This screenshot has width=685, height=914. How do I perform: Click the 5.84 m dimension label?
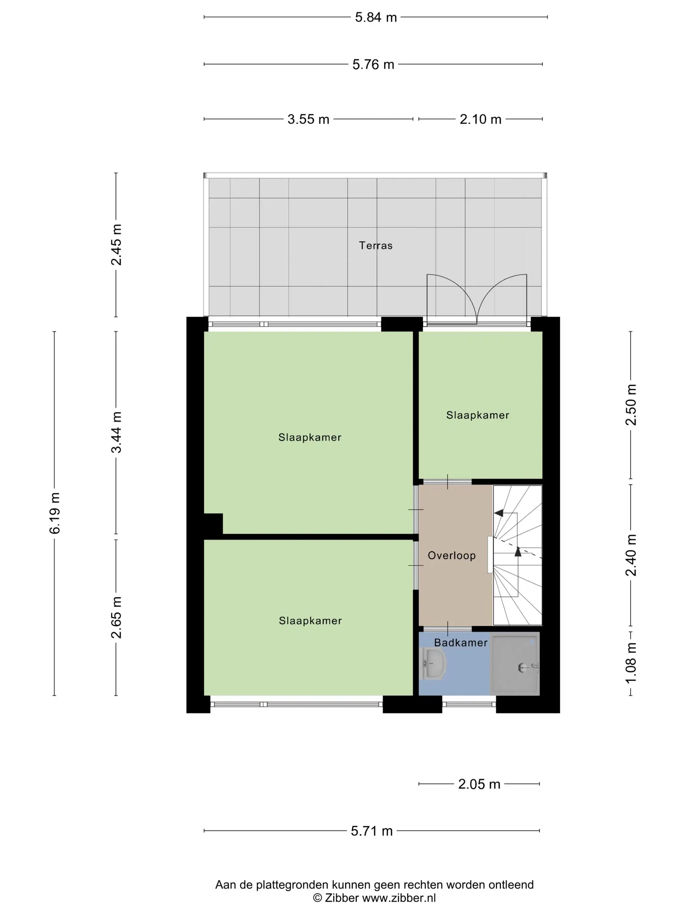(x=376, y=17)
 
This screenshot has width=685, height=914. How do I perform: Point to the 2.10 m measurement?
(x=480, y=119)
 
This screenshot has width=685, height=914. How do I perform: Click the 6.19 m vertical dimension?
(x=55, y=513)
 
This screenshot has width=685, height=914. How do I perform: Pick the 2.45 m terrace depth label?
(x=116, y=244)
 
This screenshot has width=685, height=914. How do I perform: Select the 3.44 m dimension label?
(x=116, y=432)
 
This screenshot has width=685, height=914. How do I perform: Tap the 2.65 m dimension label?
(x=116, y=617)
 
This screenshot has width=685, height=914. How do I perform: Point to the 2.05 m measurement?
(x=479, y=784)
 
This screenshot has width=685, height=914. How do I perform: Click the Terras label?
(x=376, y=245)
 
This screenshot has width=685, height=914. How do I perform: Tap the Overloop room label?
(x=452, y=556)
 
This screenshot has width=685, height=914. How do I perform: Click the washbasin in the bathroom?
(x=433, y=663)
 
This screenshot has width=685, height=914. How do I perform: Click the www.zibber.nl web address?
(x=399, y=898)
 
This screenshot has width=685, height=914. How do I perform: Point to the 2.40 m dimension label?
(x=631, y=555)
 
